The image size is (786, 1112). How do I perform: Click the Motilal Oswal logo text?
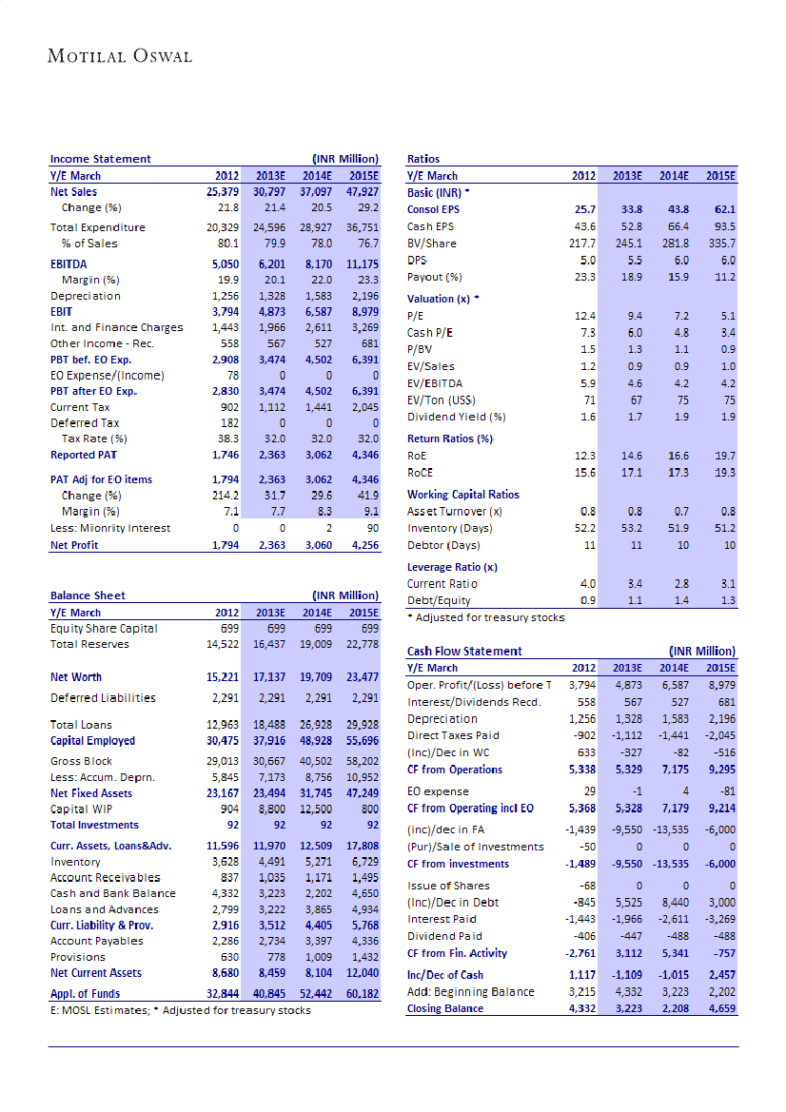point(120,56)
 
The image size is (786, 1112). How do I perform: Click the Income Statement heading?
point(100,159)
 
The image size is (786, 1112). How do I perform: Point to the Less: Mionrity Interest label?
point(110,528)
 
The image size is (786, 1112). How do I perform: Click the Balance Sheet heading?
point(88,595)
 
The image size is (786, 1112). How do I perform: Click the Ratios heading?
point(423,159)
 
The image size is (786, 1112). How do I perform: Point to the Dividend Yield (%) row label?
point(456,417)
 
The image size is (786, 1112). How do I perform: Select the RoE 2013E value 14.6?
point(629,457)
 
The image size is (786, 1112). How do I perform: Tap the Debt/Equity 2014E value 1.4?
point(678,600)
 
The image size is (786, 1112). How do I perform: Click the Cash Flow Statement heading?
point(464,652)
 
